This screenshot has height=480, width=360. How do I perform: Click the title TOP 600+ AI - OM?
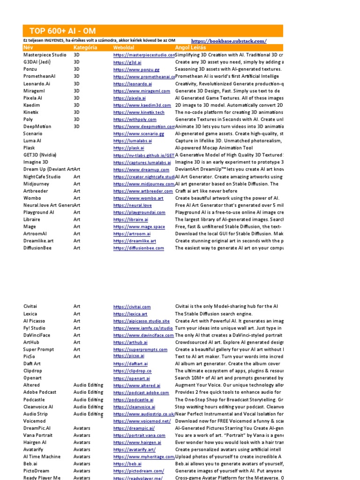[x=62, y=31]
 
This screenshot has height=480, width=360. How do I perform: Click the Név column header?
[x=29, y=48]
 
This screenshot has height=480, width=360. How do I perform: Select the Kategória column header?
[x=85, y=48]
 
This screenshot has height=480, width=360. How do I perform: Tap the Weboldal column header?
[x=124, y=48]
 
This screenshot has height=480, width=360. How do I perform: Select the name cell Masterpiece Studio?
[x=45, y=55]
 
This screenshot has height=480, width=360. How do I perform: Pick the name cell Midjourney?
[x=37, y=184]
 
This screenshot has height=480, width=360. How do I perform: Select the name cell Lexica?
[x=30, y=314]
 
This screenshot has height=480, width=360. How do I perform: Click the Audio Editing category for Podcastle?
[x=88, y=399]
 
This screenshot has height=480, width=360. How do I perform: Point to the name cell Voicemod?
[x=35, y=421]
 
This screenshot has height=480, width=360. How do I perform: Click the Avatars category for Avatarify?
[x=82, y=450]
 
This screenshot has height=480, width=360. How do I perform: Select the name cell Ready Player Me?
[x=42, y=478]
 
